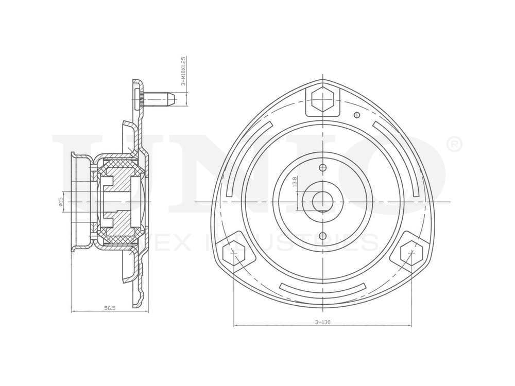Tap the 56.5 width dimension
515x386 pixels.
tap(110, 308)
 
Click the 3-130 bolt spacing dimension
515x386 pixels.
tap(323, 322)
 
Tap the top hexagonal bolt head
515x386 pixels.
tap(322, 100)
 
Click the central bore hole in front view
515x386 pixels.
tap(322, 200)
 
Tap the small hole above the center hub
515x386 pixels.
tap(322, 168)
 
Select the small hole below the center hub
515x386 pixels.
tap(322, 236)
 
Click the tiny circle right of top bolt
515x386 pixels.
tap(356, 114)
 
